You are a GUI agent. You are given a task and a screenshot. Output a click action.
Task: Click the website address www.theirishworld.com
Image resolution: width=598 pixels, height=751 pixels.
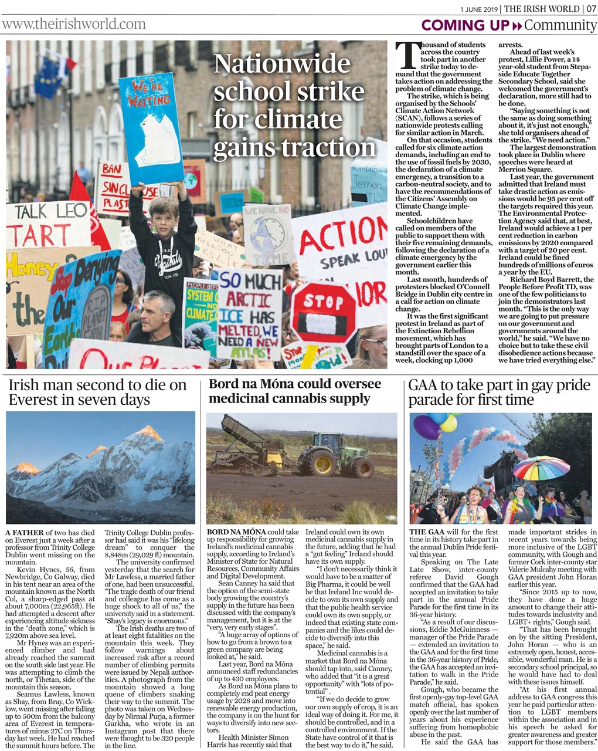coord(73,24)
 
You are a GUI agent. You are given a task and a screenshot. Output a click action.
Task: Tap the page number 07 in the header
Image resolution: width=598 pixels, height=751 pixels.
coord(590,8)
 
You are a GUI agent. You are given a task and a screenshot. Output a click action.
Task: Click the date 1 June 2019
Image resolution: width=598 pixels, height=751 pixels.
coord(479,9)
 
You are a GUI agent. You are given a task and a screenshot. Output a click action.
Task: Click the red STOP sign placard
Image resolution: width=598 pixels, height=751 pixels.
coord(323,312)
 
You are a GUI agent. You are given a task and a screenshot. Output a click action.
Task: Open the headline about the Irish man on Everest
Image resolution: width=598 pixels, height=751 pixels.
coord(97,393)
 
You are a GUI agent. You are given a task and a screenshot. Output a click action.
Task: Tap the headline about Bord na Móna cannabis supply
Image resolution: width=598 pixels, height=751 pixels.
coord(295,391)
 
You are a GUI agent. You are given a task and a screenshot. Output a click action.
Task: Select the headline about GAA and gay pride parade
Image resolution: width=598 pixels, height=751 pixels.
coord(498,393)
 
